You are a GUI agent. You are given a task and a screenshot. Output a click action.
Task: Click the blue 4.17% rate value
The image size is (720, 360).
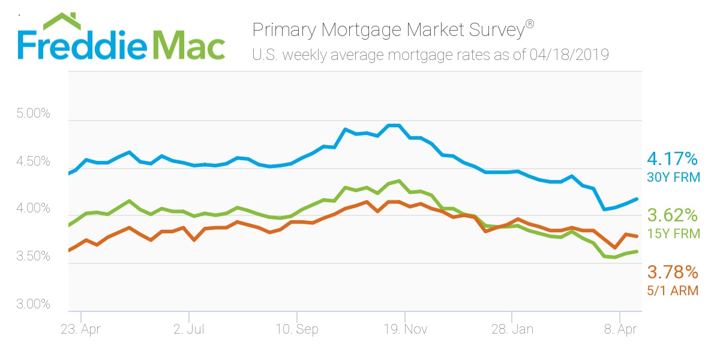pyautogui.click(x=672, y=159)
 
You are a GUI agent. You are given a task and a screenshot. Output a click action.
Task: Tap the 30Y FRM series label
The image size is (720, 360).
pyautogui.click(x=672, y=178)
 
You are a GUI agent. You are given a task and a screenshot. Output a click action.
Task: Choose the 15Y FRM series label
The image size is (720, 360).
pyautogui.click(x=673, y=234)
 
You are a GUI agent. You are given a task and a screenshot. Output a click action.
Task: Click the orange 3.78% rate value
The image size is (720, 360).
pyautogui.click(x=673, y=273)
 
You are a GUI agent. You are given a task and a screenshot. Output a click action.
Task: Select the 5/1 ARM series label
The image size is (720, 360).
pyautogui.click(x=673, y=292)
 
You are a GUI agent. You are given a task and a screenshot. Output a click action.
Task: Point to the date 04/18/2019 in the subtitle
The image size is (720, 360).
pyautogui.click(x=569, y=55)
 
